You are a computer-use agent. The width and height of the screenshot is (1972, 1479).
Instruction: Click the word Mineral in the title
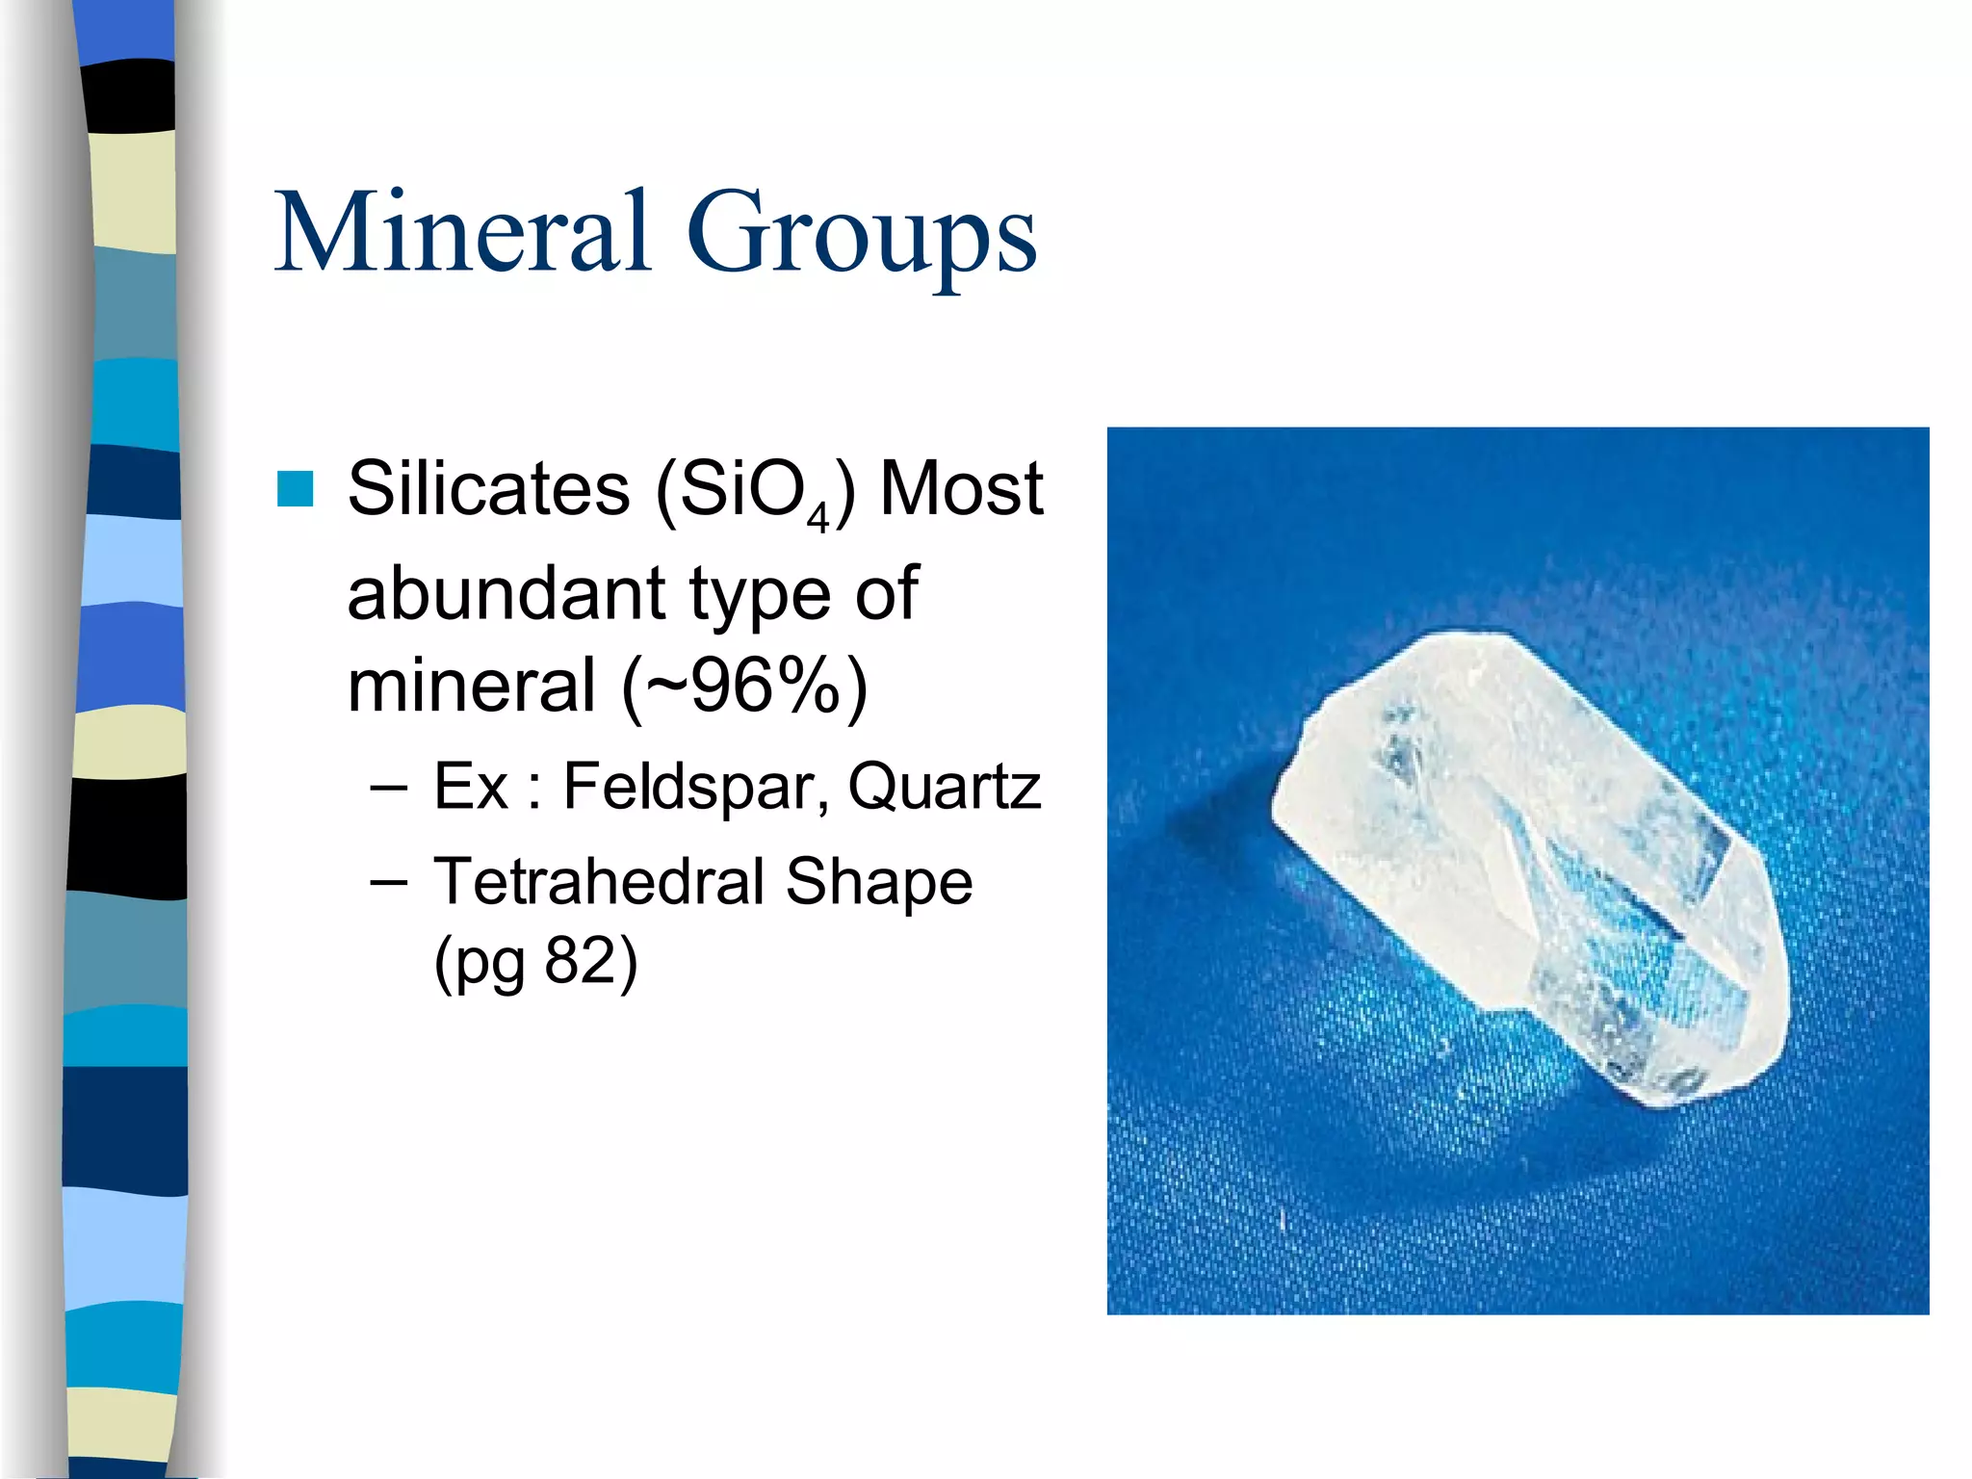point(462,233)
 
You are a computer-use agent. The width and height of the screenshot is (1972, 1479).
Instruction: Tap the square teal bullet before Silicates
point(295,489)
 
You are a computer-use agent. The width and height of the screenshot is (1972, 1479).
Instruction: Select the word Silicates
point(487,489)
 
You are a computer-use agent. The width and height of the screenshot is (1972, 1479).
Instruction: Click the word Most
point(961,489)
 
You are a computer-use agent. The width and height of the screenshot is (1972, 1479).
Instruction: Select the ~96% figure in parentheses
point(744,687)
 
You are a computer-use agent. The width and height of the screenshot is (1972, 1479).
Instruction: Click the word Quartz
point(944,788)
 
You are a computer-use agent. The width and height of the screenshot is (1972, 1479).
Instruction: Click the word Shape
point(878,883)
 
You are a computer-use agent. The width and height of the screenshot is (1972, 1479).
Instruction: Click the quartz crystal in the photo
point(1531,867)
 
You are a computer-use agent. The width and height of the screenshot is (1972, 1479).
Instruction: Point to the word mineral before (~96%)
point(471,687)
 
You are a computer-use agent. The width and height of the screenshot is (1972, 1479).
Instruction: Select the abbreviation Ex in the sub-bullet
point(470,788)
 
